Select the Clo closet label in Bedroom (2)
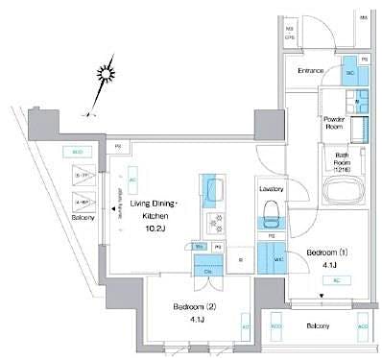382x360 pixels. [208, 271]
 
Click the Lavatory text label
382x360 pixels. [270, 189]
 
